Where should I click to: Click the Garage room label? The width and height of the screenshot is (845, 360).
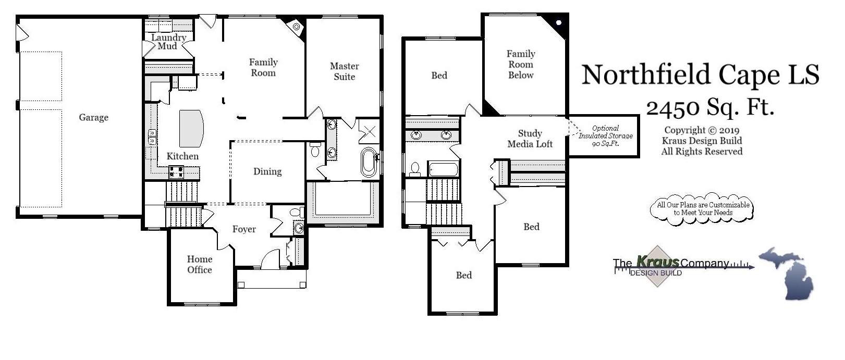pos(94,118)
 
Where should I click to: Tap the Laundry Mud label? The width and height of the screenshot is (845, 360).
pos(168,42)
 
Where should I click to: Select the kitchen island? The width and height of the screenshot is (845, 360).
pos(191,128)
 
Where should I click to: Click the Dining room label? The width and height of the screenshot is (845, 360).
pos(267,171)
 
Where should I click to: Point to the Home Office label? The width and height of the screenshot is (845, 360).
pos(200,264)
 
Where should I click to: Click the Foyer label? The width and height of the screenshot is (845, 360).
pos(244,229)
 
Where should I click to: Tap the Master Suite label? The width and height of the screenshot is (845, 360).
pos(345,71)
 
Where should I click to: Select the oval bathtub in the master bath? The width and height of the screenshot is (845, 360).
pos(369,162)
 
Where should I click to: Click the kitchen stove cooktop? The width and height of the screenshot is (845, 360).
pos(176,171)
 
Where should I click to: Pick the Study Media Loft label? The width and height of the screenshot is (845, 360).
pos(530,139)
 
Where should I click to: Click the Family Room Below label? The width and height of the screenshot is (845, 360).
pos(521,64)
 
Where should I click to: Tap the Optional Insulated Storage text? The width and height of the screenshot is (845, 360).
pos(605,136)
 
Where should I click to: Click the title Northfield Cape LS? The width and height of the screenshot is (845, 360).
pos(700,75)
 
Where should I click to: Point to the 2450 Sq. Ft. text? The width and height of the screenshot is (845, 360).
pos(710,108)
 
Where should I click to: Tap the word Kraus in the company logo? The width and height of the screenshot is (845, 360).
pos(658,262)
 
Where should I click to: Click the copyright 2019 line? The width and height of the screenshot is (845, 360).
pos(702,130)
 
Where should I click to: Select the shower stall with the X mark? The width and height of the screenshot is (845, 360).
pos(368,131)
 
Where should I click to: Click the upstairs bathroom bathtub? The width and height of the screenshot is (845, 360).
pos(443,169)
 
